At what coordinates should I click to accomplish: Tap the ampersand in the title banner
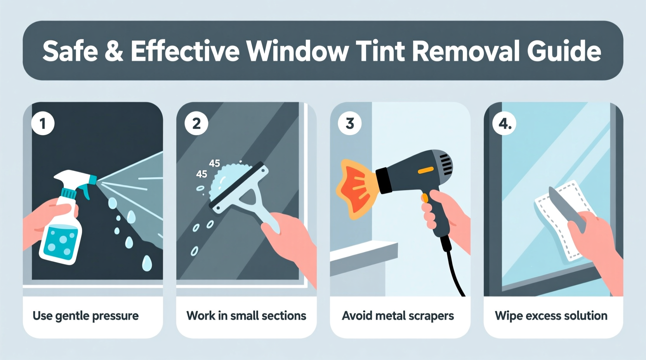(114, 51)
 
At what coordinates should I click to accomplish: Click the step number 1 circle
(43, 123)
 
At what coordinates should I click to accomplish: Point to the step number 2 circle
(196, 123)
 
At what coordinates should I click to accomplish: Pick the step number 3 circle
(350, 123)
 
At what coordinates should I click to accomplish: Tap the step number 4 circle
(504, 123)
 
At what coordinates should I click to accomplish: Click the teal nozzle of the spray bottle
(92, 179)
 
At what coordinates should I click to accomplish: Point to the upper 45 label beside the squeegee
(214, 163)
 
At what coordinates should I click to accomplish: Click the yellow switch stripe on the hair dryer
(425, 170)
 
